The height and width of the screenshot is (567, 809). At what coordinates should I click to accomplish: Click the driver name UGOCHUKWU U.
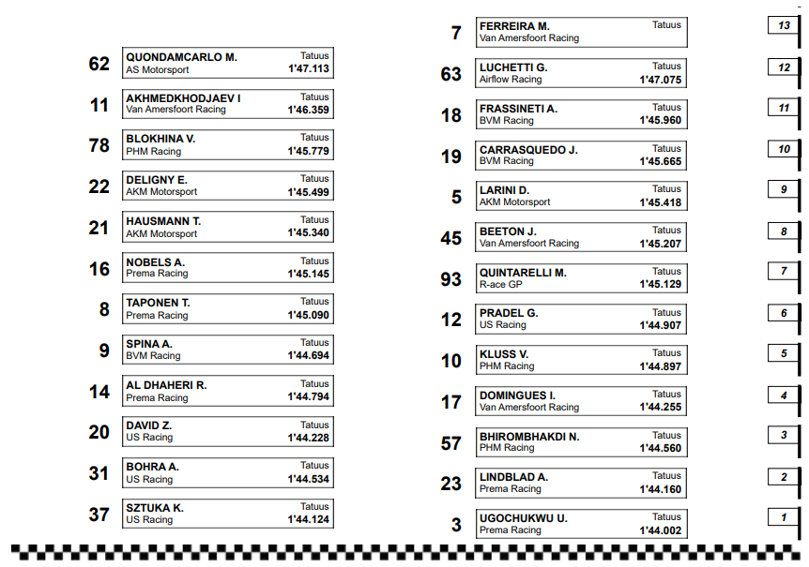tap(523, 518)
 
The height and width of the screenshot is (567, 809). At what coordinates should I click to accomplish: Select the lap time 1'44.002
tap(661, 530)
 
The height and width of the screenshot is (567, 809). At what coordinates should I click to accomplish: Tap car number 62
tap(99, 64)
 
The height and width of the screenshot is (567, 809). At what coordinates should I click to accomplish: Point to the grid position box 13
tap(784, 26)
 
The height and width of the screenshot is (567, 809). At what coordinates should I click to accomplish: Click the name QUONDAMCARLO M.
tap(181, 57)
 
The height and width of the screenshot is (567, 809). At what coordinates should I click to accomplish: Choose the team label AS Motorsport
tap(158, 69)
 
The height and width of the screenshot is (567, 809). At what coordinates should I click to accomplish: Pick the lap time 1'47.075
tap(661, 81)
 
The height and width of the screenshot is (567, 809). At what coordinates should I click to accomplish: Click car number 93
tap(451, 279)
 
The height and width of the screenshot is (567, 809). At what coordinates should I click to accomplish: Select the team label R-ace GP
tap(500, 284)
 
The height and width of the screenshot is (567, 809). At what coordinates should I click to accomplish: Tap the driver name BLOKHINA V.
tap(160, 139)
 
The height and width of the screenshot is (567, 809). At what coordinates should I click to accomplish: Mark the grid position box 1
tap(784, 517)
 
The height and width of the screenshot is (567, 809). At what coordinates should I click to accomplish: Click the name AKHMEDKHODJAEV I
tap(183, 98)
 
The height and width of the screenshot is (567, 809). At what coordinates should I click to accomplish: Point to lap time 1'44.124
tap(309, 519)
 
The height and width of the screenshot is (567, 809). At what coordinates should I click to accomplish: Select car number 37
tap(99, 515)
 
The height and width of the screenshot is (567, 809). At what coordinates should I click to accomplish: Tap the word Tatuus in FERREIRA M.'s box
tap(667, 25)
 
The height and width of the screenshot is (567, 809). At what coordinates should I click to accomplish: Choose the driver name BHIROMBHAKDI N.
tap(529, 437)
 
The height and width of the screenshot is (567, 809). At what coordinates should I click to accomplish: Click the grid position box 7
tap(784, 272)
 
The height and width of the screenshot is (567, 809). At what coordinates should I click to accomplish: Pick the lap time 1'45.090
tap(309, 315)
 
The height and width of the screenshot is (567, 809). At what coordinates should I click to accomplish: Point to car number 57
tap(451, 443)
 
